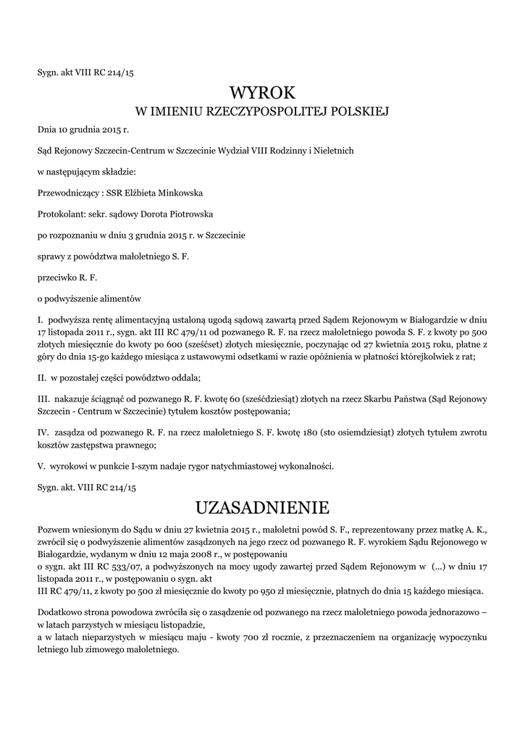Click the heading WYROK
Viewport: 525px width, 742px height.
click(x=262, y=93)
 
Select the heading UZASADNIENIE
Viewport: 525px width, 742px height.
click(x=262, y=505)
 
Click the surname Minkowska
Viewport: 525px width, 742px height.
click(x=179, y=193)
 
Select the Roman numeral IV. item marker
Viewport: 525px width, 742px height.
click(x=42, y=433)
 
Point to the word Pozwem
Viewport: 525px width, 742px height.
click(x=54, y=529)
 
